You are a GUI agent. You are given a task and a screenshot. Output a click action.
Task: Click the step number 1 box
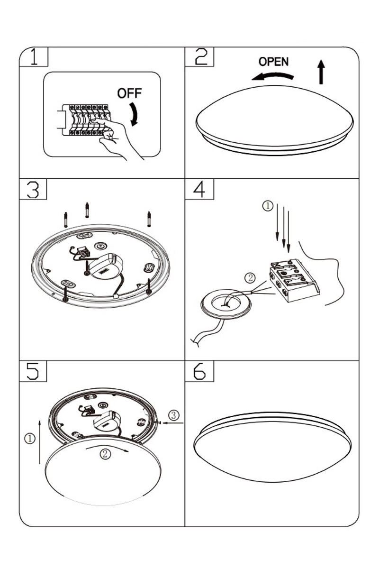coord(34,57)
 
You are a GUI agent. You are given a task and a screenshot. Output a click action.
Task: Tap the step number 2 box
coord(199,57)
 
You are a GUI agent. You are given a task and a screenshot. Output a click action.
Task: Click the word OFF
coord(129,93)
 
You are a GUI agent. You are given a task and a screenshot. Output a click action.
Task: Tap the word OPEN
coord(273,62)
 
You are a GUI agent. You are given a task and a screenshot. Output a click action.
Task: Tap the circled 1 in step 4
coord(268,205)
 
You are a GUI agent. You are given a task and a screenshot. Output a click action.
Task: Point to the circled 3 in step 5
coord(174,416)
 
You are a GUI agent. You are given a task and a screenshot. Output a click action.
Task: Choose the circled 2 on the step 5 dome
coord(106,454)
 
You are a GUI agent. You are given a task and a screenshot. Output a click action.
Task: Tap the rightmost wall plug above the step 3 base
coord(149,219)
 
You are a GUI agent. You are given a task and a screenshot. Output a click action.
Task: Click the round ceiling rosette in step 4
coord(224,306)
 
